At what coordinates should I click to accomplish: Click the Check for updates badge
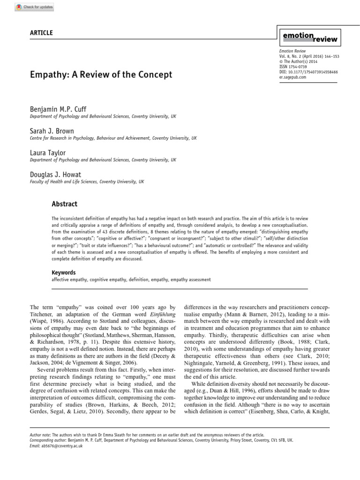[x=35, y=7]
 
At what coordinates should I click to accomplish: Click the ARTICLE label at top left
[x=41, y=33]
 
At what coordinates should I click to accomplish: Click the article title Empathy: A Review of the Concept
[x=101, y=75]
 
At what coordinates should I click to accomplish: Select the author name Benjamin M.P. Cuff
[x=59, y=109]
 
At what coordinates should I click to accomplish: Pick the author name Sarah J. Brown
[x=52, y=131]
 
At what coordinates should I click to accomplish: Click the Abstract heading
[x=64, y=204]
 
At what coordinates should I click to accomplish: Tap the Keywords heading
[x=63, y=272]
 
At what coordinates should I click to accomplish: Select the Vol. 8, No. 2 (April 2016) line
[x=309, y=56]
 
